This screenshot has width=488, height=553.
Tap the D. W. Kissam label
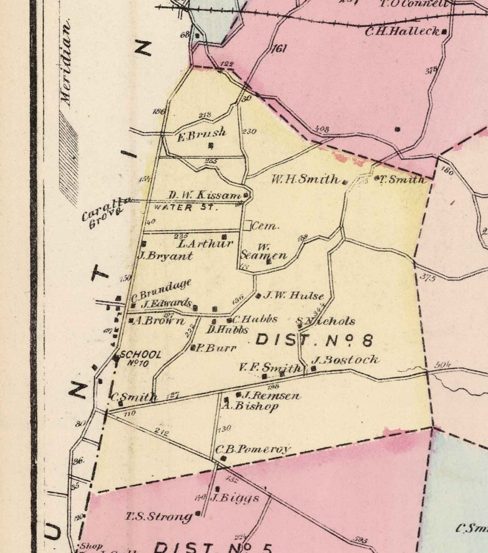[x=205, y=195]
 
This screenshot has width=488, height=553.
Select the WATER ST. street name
[x=184, y=207]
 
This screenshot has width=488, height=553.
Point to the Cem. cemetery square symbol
[x=247, y=225]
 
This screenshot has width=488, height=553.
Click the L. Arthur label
[x=205, y=244]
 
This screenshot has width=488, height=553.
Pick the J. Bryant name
[x=165, y=255]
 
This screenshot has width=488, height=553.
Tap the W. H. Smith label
[x=305, y=180]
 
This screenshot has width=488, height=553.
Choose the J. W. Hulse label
[x=293, y=295]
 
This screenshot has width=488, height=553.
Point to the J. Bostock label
[x=345, y=360]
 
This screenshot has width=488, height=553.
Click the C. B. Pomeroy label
[x=253, y=449]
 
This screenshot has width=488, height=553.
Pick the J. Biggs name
[x=235, y=498]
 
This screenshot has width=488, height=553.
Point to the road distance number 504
[x=443, y=365]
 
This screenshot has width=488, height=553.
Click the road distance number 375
[x=428, y=278]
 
